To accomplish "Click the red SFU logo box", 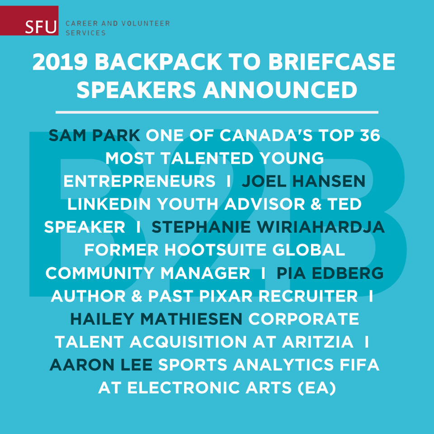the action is click(x=29, y=20).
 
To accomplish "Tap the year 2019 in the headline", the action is click(x=60, y=62).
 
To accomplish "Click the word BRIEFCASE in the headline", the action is click(x=331, y=62).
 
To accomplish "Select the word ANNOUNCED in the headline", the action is click(x=280, y=90).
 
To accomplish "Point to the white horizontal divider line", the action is click(x=217, y=113).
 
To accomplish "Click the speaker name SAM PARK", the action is click(x=94, y=136).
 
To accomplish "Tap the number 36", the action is click(x=370, y=136).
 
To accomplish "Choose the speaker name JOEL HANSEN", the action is click(x=303, y=181).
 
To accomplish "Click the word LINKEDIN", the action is click(x=109, y=204).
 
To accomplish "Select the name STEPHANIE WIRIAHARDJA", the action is click(x=268, y=227).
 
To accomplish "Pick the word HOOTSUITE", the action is click(x=216, y=250).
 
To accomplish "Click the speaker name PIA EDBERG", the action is click(x=330, y=273).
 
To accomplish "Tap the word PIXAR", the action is click(x=226, y=296).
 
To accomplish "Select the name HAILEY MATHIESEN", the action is click(x=156, y=319).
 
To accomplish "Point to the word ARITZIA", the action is click(x=318, y=342).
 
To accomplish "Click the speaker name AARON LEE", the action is click(x=101, y=364).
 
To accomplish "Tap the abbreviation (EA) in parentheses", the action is click(x=316, y=388).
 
